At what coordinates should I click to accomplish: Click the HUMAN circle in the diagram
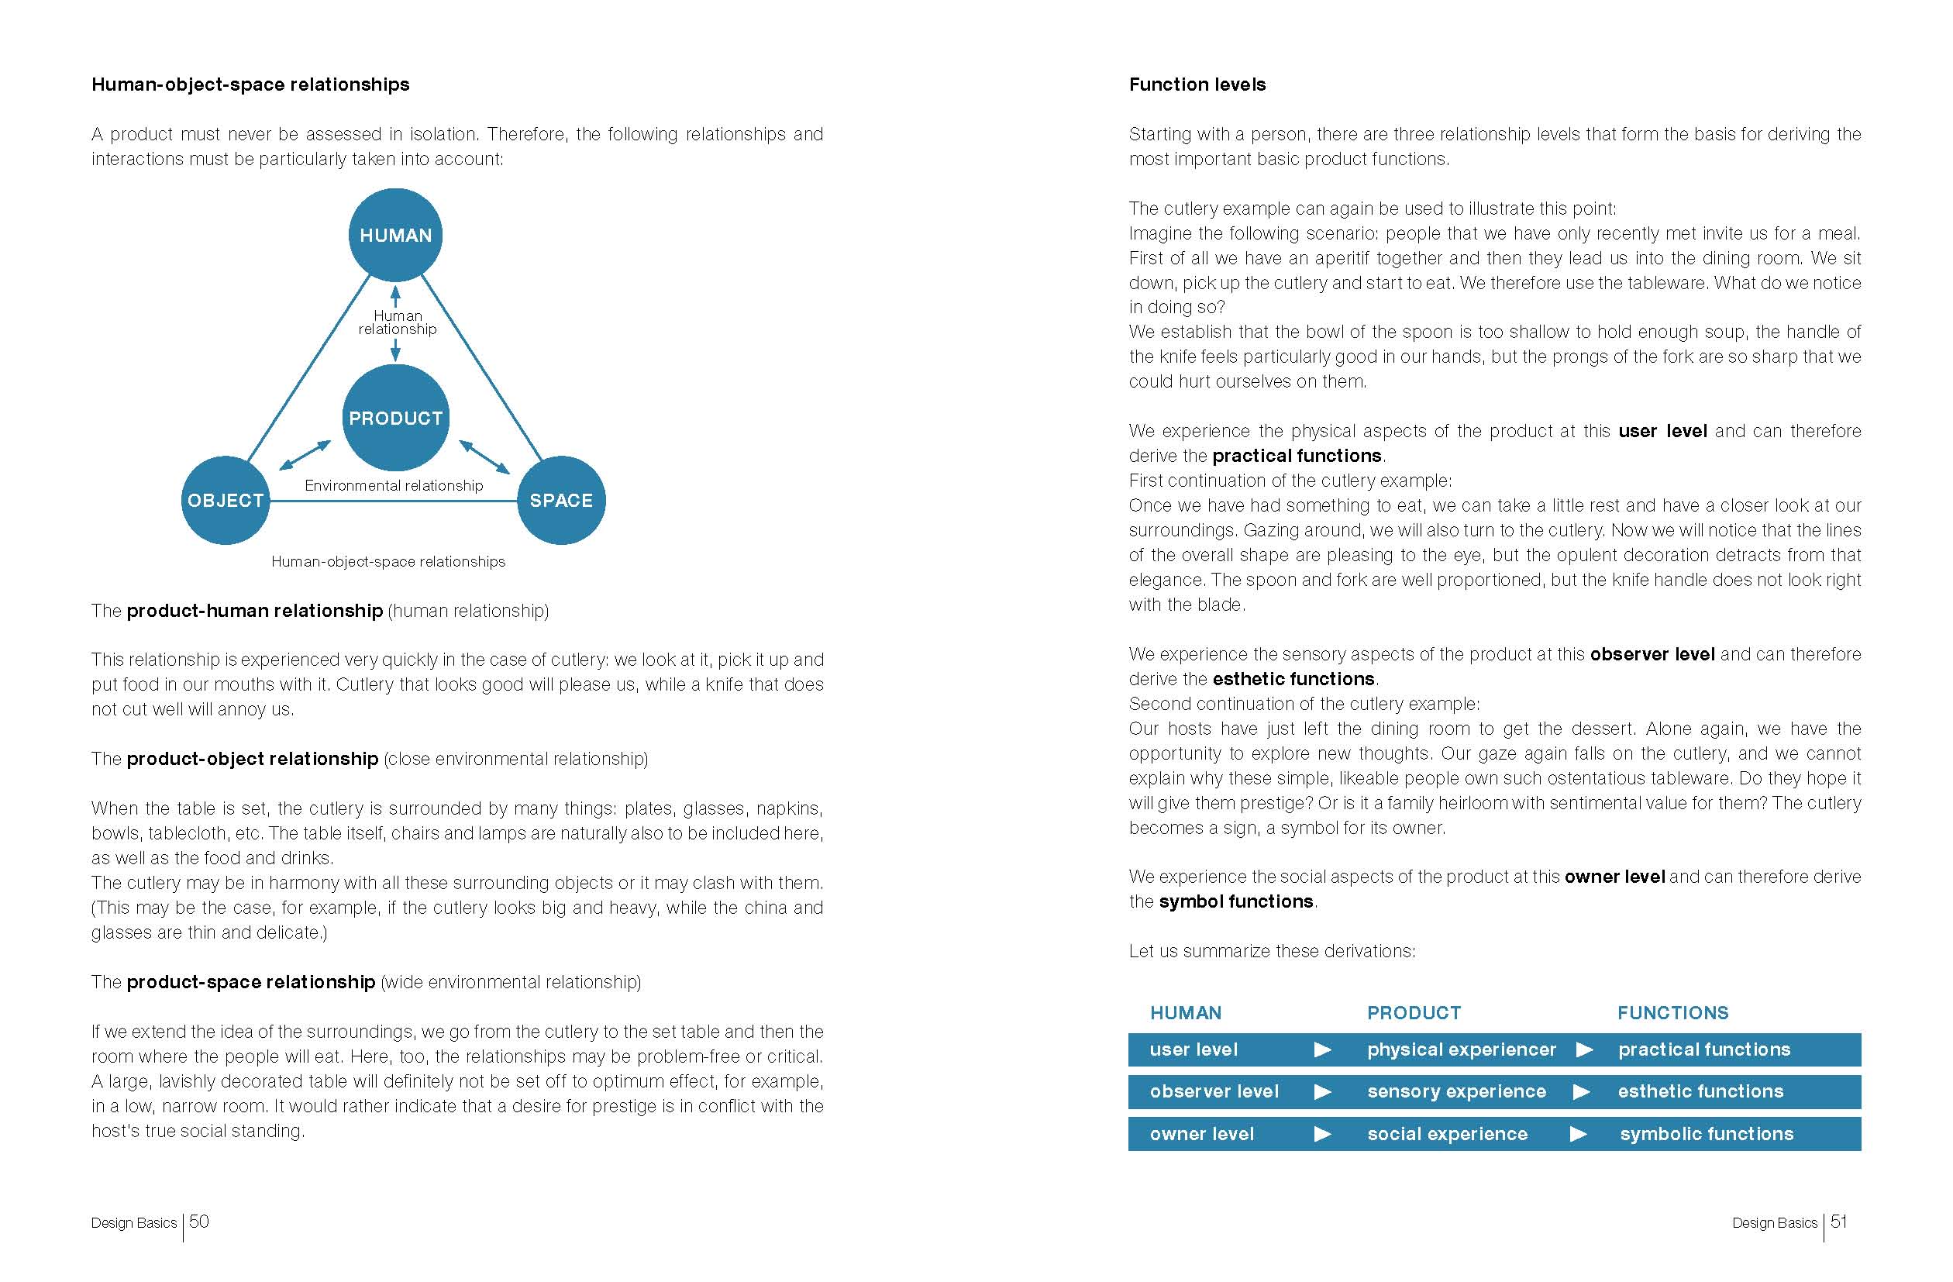[x=395, y=235]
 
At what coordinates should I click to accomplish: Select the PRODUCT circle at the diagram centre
[x=395, y=418]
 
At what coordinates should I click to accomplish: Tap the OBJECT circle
[x=226, y=500]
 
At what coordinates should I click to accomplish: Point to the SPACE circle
[x=561, y=500]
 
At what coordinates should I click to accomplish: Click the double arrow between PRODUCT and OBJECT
[x=305, y=456]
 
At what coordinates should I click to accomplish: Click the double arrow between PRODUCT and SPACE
[x=484, y=457]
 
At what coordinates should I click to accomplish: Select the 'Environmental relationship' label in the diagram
[x=394, y=485]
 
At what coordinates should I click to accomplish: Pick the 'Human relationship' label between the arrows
[x=397, y=322]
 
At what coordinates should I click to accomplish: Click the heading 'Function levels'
[x=1197, y=84]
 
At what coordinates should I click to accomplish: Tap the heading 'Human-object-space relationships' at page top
[x=250, y=84]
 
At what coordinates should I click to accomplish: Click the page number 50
[x=198, y=1222]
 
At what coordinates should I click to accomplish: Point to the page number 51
[x=1839, y=1222]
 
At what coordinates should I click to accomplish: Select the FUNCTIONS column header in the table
[x=1672, y=1013]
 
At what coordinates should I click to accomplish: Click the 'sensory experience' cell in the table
[x=1455, y=1091]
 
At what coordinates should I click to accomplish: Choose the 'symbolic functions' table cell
[x=1706, y=1134]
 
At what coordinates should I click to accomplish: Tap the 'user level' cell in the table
[x=1193, y=1049]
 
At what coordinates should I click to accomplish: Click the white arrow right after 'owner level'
[x=1322, y=1134]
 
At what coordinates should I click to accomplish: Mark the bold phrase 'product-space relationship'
[x=250, y=981]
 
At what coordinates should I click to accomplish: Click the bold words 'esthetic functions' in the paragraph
[x=1293, y=679]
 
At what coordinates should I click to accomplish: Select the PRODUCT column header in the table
[x=1413, y=1013]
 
